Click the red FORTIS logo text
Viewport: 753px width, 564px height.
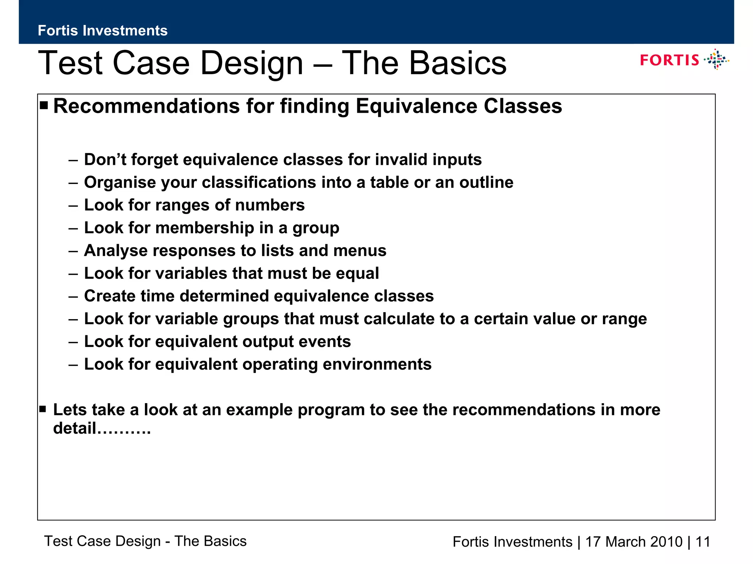pyautogui.click(x=669, y=60)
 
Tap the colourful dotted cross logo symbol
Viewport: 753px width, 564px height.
pyautogui.click(x=716, y=59)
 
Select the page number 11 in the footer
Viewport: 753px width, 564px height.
pyautogui.click(x=703, y=542)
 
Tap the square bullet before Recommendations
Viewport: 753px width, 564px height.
pyautogui.click(x=44, y=106)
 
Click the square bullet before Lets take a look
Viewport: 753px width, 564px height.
pyautogui.click(x=43, y=409)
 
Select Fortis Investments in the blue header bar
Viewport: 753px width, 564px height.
pyautogui.click(x=103, y=30)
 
